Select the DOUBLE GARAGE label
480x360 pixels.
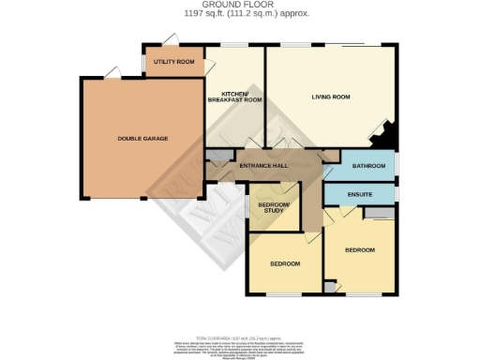tap(142, 139)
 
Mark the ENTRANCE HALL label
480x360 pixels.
tap(262, 166)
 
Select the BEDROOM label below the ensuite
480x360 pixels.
tap(359, 250)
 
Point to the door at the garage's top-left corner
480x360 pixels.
tap(88, 75)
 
